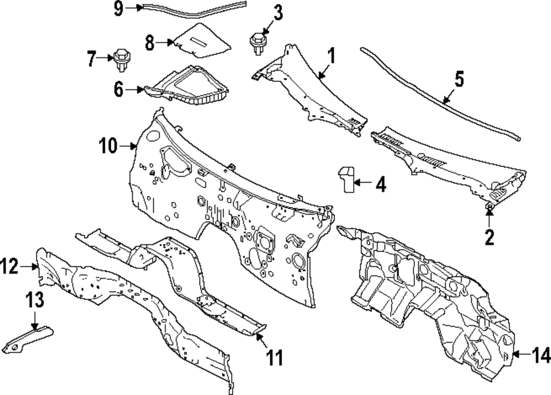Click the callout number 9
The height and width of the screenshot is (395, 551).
click(119, 8)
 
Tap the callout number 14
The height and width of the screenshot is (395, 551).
click(541, 355)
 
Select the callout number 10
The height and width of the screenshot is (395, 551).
click(108, 145)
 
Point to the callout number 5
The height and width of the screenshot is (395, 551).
click(459, 79)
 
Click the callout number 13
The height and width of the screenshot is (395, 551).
click(35, 300)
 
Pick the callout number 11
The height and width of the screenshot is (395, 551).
click(274, 357)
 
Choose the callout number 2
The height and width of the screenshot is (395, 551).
click(489, 237)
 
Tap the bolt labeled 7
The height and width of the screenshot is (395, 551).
click(122, 61)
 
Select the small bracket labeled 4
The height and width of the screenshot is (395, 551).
click(347, 179)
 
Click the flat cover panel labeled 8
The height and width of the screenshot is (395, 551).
click(202, 40)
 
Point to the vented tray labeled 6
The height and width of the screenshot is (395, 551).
click(187, 85)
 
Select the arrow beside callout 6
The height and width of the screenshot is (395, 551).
click(134, 90)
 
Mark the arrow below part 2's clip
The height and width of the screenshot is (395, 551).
click(489, 218)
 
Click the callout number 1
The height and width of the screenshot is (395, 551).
click(331, 56)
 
